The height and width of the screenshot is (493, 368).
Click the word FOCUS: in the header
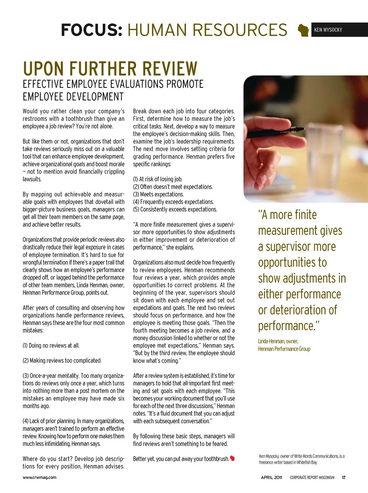coord(91,30)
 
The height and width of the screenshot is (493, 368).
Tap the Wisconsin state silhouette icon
coord(304,30)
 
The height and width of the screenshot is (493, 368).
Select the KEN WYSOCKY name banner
coord(328,30)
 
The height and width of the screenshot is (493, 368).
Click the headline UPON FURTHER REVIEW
coord(110,69)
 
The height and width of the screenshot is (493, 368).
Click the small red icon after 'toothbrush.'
coord(232,458)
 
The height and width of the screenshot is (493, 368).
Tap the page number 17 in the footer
coord(344,478)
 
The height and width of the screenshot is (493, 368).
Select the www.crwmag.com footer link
coord(39,478)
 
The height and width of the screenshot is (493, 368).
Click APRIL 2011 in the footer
coord(271,478)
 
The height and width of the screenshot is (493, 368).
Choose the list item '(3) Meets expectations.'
coord(158,195)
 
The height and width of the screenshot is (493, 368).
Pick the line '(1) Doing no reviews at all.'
coord(51,346)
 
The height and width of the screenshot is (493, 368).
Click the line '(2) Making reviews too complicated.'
coord(62,361)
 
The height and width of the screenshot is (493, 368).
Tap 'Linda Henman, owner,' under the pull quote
coord(278,341)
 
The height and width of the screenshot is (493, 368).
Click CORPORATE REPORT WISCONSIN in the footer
coord(312,478)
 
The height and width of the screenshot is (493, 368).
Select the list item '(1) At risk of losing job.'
coord(158,179)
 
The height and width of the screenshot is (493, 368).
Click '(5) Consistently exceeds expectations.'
coord(175,209)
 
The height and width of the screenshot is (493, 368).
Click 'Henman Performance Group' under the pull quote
coord(284,349)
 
